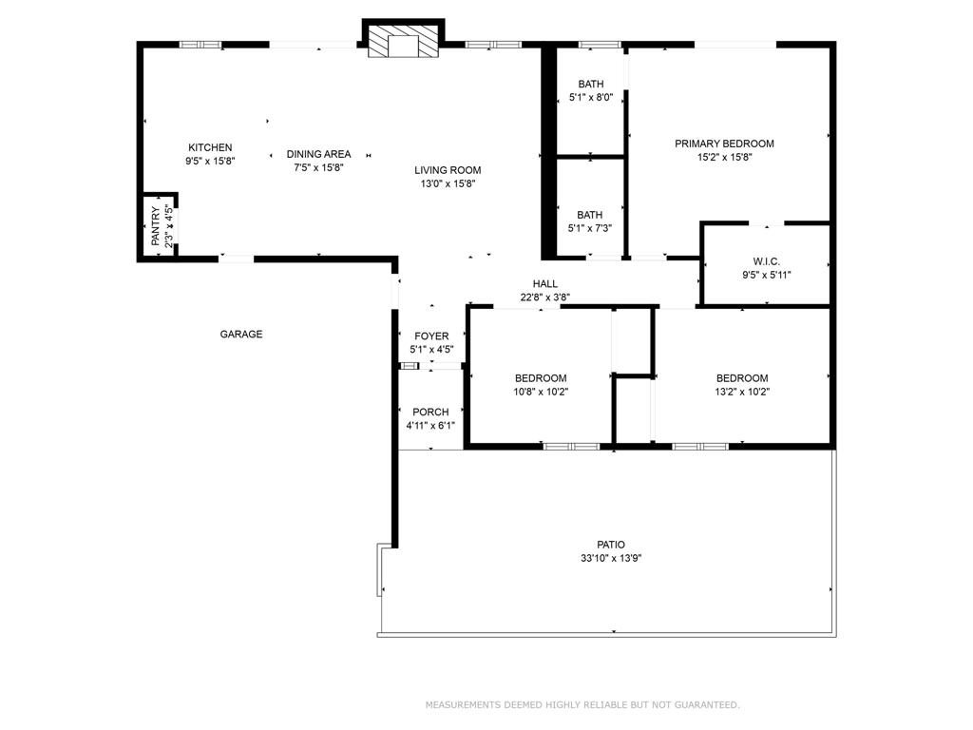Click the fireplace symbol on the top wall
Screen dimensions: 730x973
pyautogui.click(x=404, y=42)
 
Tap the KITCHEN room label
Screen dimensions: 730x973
pyautogui.click(x=210, y=147)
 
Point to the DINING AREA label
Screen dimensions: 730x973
pyautogui.click(x=318, y=154)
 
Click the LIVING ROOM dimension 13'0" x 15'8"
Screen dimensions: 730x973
pyautogui.click(x=447, y=184)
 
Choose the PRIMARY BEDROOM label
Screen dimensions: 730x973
pyautogui.click(x=724, y=144)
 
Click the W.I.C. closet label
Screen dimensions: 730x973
pyautogui.click(x=766, y=260)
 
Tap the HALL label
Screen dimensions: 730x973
pyautogui.click(x=544, y=283)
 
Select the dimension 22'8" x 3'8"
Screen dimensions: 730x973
pyautogui.click(x=544, y=297)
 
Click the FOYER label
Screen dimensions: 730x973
pyautogui.click(x=431, y=336)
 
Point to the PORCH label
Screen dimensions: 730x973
pyautogui.click(x=430, y=412)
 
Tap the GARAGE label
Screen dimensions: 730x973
pyautogui.click(x=241, y=334)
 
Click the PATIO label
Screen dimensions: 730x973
pyautogui.click(x=611, y=545)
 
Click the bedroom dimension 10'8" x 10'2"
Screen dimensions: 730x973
pyautogui.click(x=541, y=391)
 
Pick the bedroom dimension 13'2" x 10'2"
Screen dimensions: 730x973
pyautogui.click(x=742, y=391)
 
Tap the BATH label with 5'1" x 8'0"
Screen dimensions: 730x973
pyautogui.click(x=590, y=84)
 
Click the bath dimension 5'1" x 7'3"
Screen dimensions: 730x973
pyautogui.click(x=590, y=228)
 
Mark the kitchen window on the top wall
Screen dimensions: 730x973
pyautogui.click(x=200, y=44)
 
